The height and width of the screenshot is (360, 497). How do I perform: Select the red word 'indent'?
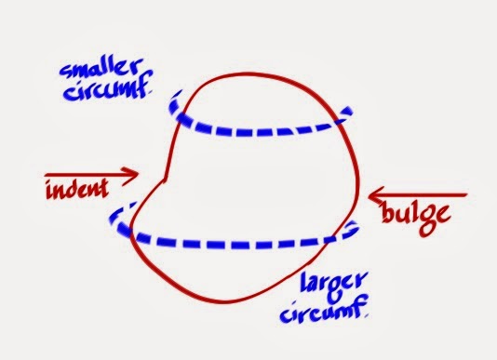[x=77, y=189]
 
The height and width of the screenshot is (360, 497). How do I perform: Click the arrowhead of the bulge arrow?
[x=373, y=195]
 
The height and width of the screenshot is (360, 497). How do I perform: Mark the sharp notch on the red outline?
[x=165, y=178]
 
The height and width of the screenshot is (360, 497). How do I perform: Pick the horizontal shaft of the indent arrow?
[x=91, y=174]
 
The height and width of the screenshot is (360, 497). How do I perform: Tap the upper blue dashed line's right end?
[x=350, y=110]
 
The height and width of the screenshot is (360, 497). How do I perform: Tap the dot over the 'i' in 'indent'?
[x=50, y=182]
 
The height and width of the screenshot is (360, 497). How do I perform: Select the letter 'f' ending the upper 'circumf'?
[x=144, y=87]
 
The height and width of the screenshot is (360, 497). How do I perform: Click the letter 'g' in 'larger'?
[x=337, y=290]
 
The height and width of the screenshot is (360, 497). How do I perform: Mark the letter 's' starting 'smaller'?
[x=65, y=72]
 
